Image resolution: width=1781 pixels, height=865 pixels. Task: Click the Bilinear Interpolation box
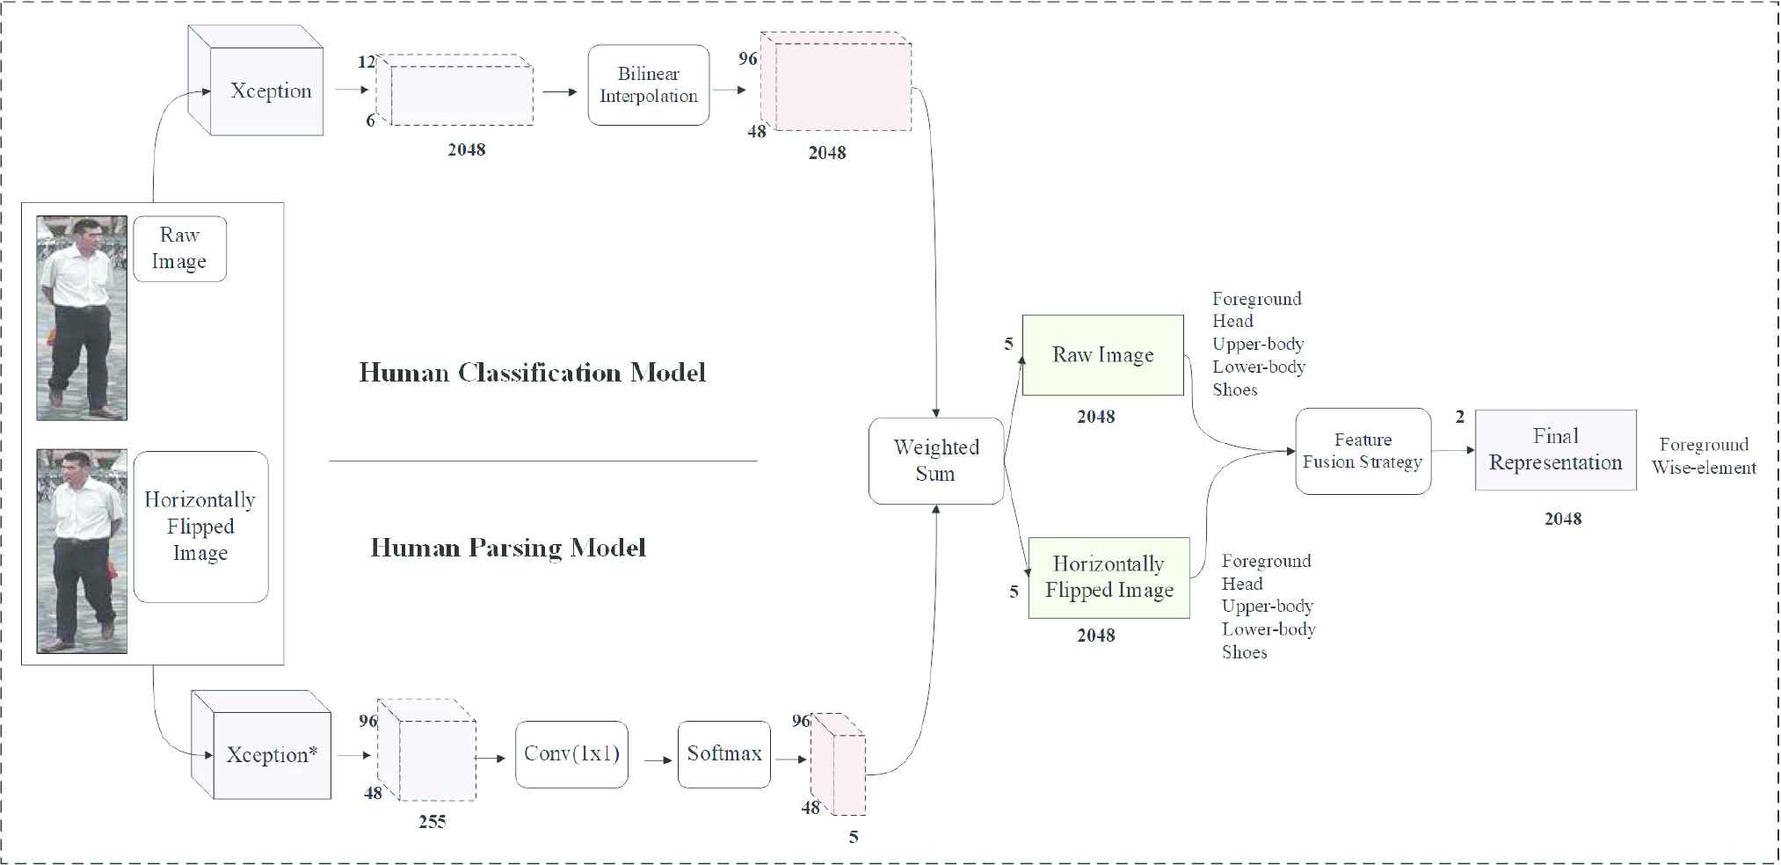pyautogui.click(x=648, y=85)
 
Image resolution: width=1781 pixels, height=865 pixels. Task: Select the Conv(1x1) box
pyautogui.click(x=571, y=754)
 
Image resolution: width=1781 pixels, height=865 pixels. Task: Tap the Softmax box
pyautogui.click(x=723, y=754)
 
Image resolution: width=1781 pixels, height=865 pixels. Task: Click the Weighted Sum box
pyautogui.click(x=935, y=461)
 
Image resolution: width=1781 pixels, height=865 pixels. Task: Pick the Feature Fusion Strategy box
pyautogui.click(x=1363, y=451)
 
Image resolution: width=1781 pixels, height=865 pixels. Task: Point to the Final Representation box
pyautogui.click(x=1555, y=450)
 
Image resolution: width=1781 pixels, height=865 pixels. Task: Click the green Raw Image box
pyautogui.click(x=1102, y=355)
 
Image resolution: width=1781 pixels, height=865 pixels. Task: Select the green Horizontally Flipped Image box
pyautogui.click(x=1109, y=578)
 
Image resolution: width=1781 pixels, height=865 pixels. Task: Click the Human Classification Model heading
pyautogui.click(x=532, y=373)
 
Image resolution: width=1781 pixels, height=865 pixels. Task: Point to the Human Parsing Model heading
pyautogui.click(x=508, y=549)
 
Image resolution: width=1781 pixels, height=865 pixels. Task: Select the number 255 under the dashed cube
pyautogui.click(x=432, y=822)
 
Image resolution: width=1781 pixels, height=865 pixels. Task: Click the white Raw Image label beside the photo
pyautogui.click(x=179, y=249)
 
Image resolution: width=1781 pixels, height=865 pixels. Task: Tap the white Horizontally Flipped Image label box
pyautogui.click(x=200, y=527)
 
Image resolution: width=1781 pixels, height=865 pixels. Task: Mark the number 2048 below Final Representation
pyautogui.click(x=1562, y=520)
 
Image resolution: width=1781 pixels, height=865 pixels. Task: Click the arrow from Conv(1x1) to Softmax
pyautogui.click(x=658, y=760)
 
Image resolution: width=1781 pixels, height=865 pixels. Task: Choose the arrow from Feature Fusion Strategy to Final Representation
pyautogui.click(x=1453, y=451)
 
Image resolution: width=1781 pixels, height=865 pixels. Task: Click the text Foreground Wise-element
pyautogui.click(x=1703, y=456)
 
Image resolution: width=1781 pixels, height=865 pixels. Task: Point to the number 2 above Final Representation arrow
pyautogui.click(x=1459, y=418)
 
